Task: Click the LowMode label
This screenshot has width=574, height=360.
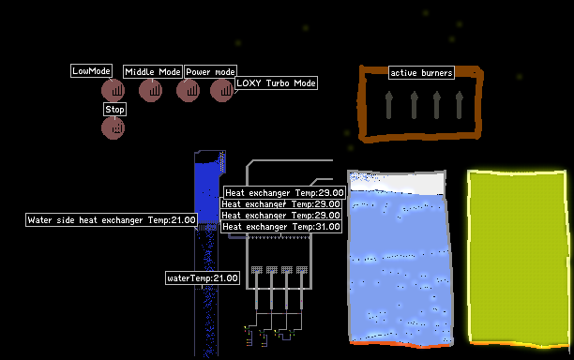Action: click(91, 71)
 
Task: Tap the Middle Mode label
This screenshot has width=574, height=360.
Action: click(153, 71)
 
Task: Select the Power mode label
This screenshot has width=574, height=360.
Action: click(210, 71)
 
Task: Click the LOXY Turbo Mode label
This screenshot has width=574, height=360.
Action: click(276, 83)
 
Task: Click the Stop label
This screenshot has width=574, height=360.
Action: click(115, 110)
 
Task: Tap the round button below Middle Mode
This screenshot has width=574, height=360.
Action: click(150, 90)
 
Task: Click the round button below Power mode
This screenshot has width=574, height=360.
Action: click(189, 90)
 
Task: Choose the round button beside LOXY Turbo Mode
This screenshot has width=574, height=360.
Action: click(222, 90)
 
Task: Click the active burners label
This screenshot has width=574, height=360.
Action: click(421, 73)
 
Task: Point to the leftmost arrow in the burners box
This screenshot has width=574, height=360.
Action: click(389, 105)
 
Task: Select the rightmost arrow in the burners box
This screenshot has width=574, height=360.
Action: click(460, 105)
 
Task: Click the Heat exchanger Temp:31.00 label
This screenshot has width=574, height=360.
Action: click(281, 227)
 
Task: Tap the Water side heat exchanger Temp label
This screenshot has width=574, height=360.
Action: click(112, 220)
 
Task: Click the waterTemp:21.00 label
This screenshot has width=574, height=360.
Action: click(203, 278)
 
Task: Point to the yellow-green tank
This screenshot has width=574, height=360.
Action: click(518, 259)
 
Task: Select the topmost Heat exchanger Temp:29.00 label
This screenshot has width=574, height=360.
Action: click(284, 193)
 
